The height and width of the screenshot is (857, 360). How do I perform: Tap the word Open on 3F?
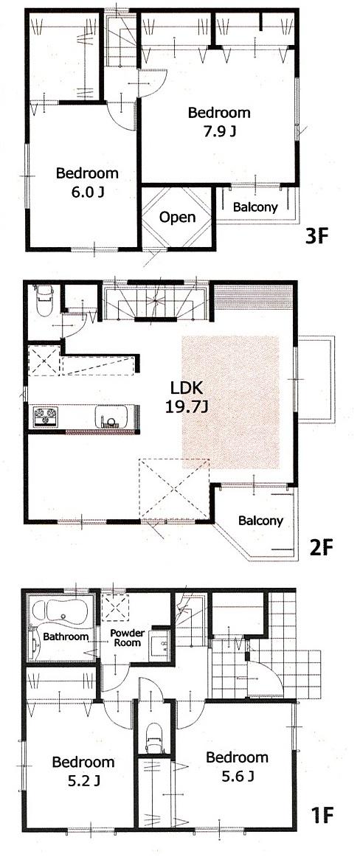click(178, 217)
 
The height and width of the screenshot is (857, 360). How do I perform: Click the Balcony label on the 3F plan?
click(255, 207)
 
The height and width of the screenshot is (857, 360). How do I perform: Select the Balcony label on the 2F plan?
click(260, 521)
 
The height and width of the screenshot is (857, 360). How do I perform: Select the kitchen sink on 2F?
click(111, 418)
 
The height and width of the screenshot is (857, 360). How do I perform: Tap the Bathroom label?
click(66, 636)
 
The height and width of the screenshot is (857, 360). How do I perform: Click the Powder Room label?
click(127, 638)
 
